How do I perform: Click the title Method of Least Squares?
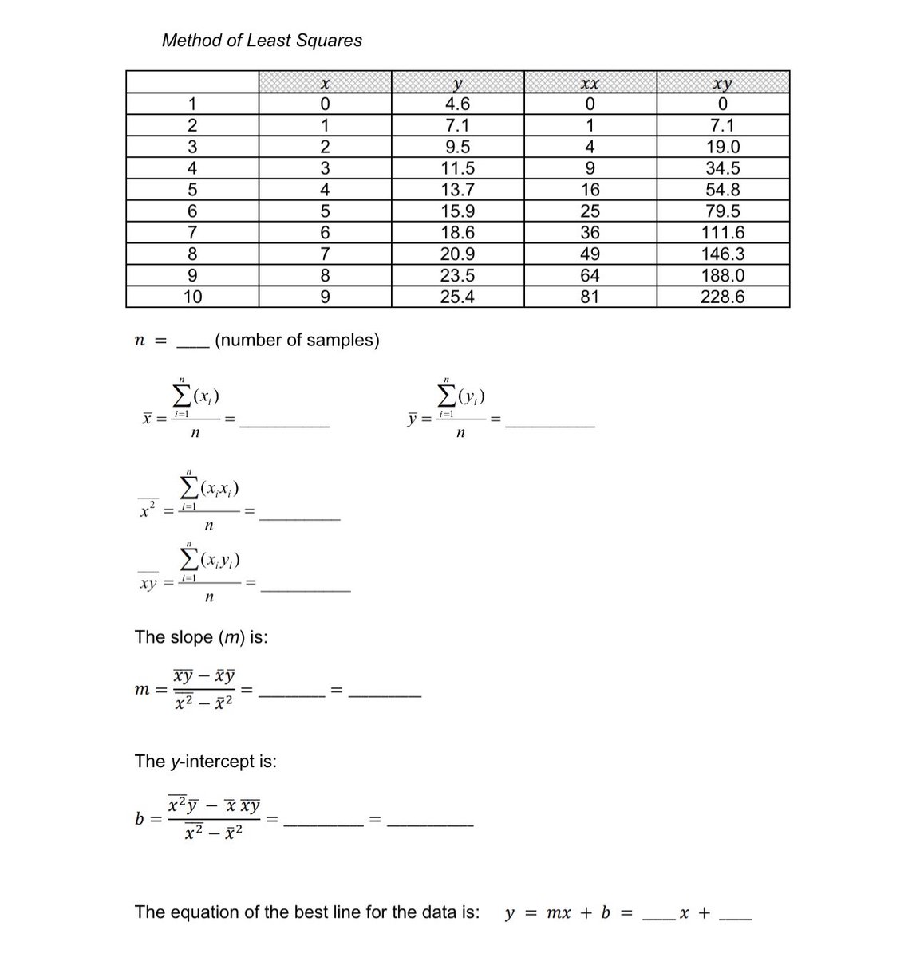[x=262, y=41]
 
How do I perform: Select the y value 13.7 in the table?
[x=457, y=190]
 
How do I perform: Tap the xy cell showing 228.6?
[x=722, y=297]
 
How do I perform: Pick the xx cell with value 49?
[x=590, y=254]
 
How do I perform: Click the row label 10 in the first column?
[x=192, y=297]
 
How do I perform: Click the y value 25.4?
[x=457, y=297]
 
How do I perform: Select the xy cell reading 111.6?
[x=722, y=233]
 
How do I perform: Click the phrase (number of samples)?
[x=297, y=341]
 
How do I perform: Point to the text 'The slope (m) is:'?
[x=201, y=637]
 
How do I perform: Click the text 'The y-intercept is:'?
[x=206, y=762]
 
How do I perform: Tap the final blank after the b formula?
[x=430, y=822]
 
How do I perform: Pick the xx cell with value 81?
[x=590, y=297]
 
